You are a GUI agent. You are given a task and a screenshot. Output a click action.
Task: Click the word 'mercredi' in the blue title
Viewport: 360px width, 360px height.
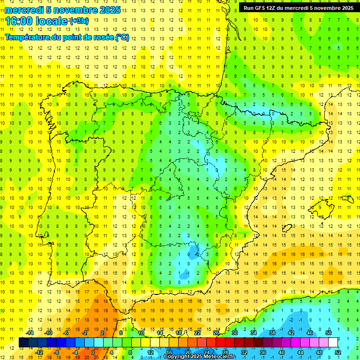coord(24,10)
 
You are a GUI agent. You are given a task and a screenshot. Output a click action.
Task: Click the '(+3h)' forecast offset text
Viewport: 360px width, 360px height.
coord(78,21)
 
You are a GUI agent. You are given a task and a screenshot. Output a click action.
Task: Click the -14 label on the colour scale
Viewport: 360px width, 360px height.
coord(30,333)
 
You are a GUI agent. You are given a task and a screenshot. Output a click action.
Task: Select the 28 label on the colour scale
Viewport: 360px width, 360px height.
coord(225,352)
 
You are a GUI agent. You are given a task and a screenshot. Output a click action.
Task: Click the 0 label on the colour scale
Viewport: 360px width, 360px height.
coord(92,352)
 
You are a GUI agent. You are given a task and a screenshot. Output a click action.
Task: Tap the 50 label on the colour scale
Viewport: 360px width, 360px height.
coord(329,333)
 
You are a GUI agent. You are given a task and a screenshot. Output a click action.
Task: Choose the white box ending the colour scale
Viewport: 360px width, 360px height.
coord(333,342)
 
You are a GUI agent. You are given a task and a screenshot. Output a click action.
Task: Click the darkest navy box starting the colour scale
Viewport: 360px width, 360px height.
coord(23,342)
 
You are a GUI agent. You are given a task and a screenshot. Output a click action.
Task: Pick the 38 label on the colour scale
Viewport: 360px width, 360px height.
coord(272,333)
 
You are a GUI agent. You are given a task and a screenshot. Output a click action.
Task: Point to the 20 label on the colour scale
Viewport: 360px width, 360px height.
coord(188,352)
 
